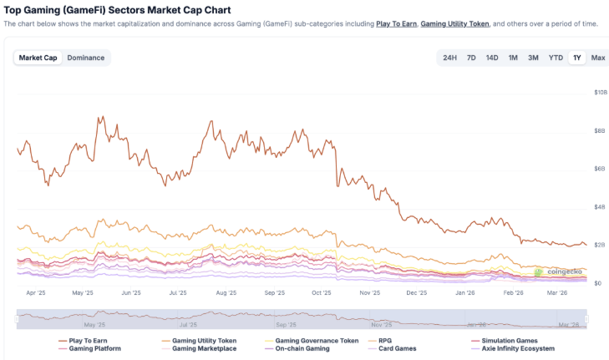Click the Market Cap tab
tap(38, 58)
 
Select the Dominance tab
tap(86, 58)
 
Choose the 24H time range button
tap(449, 58)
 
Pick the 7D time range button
tap(471, 58)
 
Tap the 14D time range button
tap(492, 58)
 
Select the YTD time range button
tap(556, 58)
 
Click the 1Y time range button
tap(576, 58)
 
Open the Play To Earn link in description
tap(396, 24)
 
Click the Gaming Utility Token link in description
tap(454, 24)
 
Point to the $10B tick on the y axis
tap(600, 92)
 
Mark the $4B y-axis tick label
tap(599, 207)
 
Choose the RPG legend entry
tap(384, 341)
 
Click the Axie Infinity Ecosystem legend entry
tap(518, 348)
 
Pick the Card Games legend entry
tap(397, 348)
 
